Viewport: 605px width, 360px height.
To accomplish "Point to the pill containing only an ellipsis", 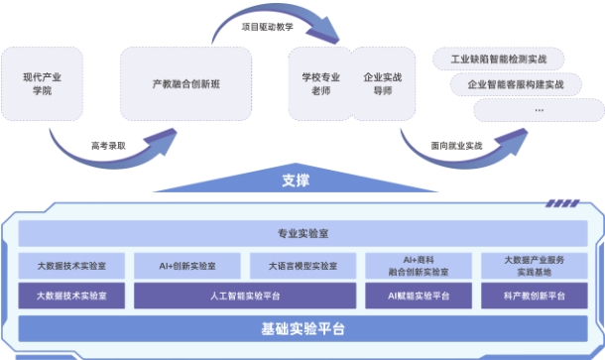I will tap(539, 109).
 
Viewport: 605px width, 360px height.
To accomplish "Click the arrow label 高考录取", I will tap(107, 145).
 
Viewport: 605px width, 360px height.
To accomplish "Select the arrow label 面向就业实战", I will tap(455, 145).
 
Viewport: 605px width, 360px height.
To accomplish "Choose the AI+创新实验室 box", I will tap(187, 267).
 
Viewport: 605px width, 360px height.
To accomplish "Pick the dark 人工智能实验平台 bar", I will tap(245, 296).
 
